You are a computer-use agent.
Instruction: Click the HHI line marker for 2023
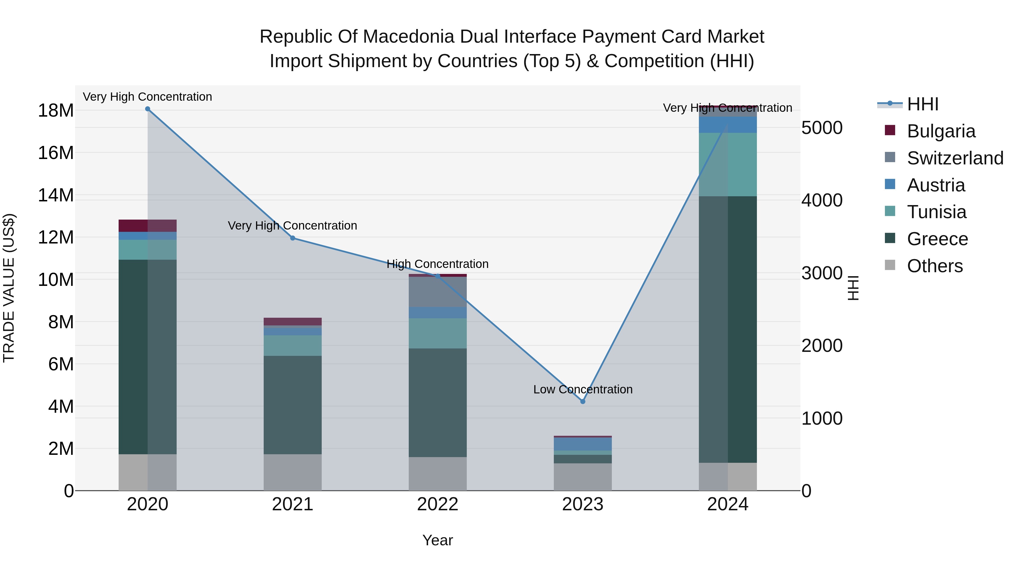583,401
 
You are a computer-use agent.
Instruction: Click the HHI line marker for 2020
147,109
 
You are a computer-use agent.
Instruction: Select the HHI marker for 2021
293,238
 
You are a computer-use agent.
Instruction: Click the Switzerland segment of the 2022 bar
438,292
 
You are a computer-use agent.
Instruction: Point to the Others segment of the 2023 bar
583,477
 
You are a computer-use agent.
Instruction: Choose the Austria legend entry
936,185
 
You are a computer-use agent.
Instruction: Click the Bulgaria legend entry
941,131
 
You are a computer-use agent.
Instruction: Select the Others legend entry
935,266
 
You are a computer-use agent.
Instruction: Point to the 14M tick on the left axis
56,195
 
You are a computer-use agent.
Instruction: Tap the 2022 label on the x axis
438,504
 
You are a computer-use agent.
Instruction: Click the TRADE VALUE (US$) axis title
9,288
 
